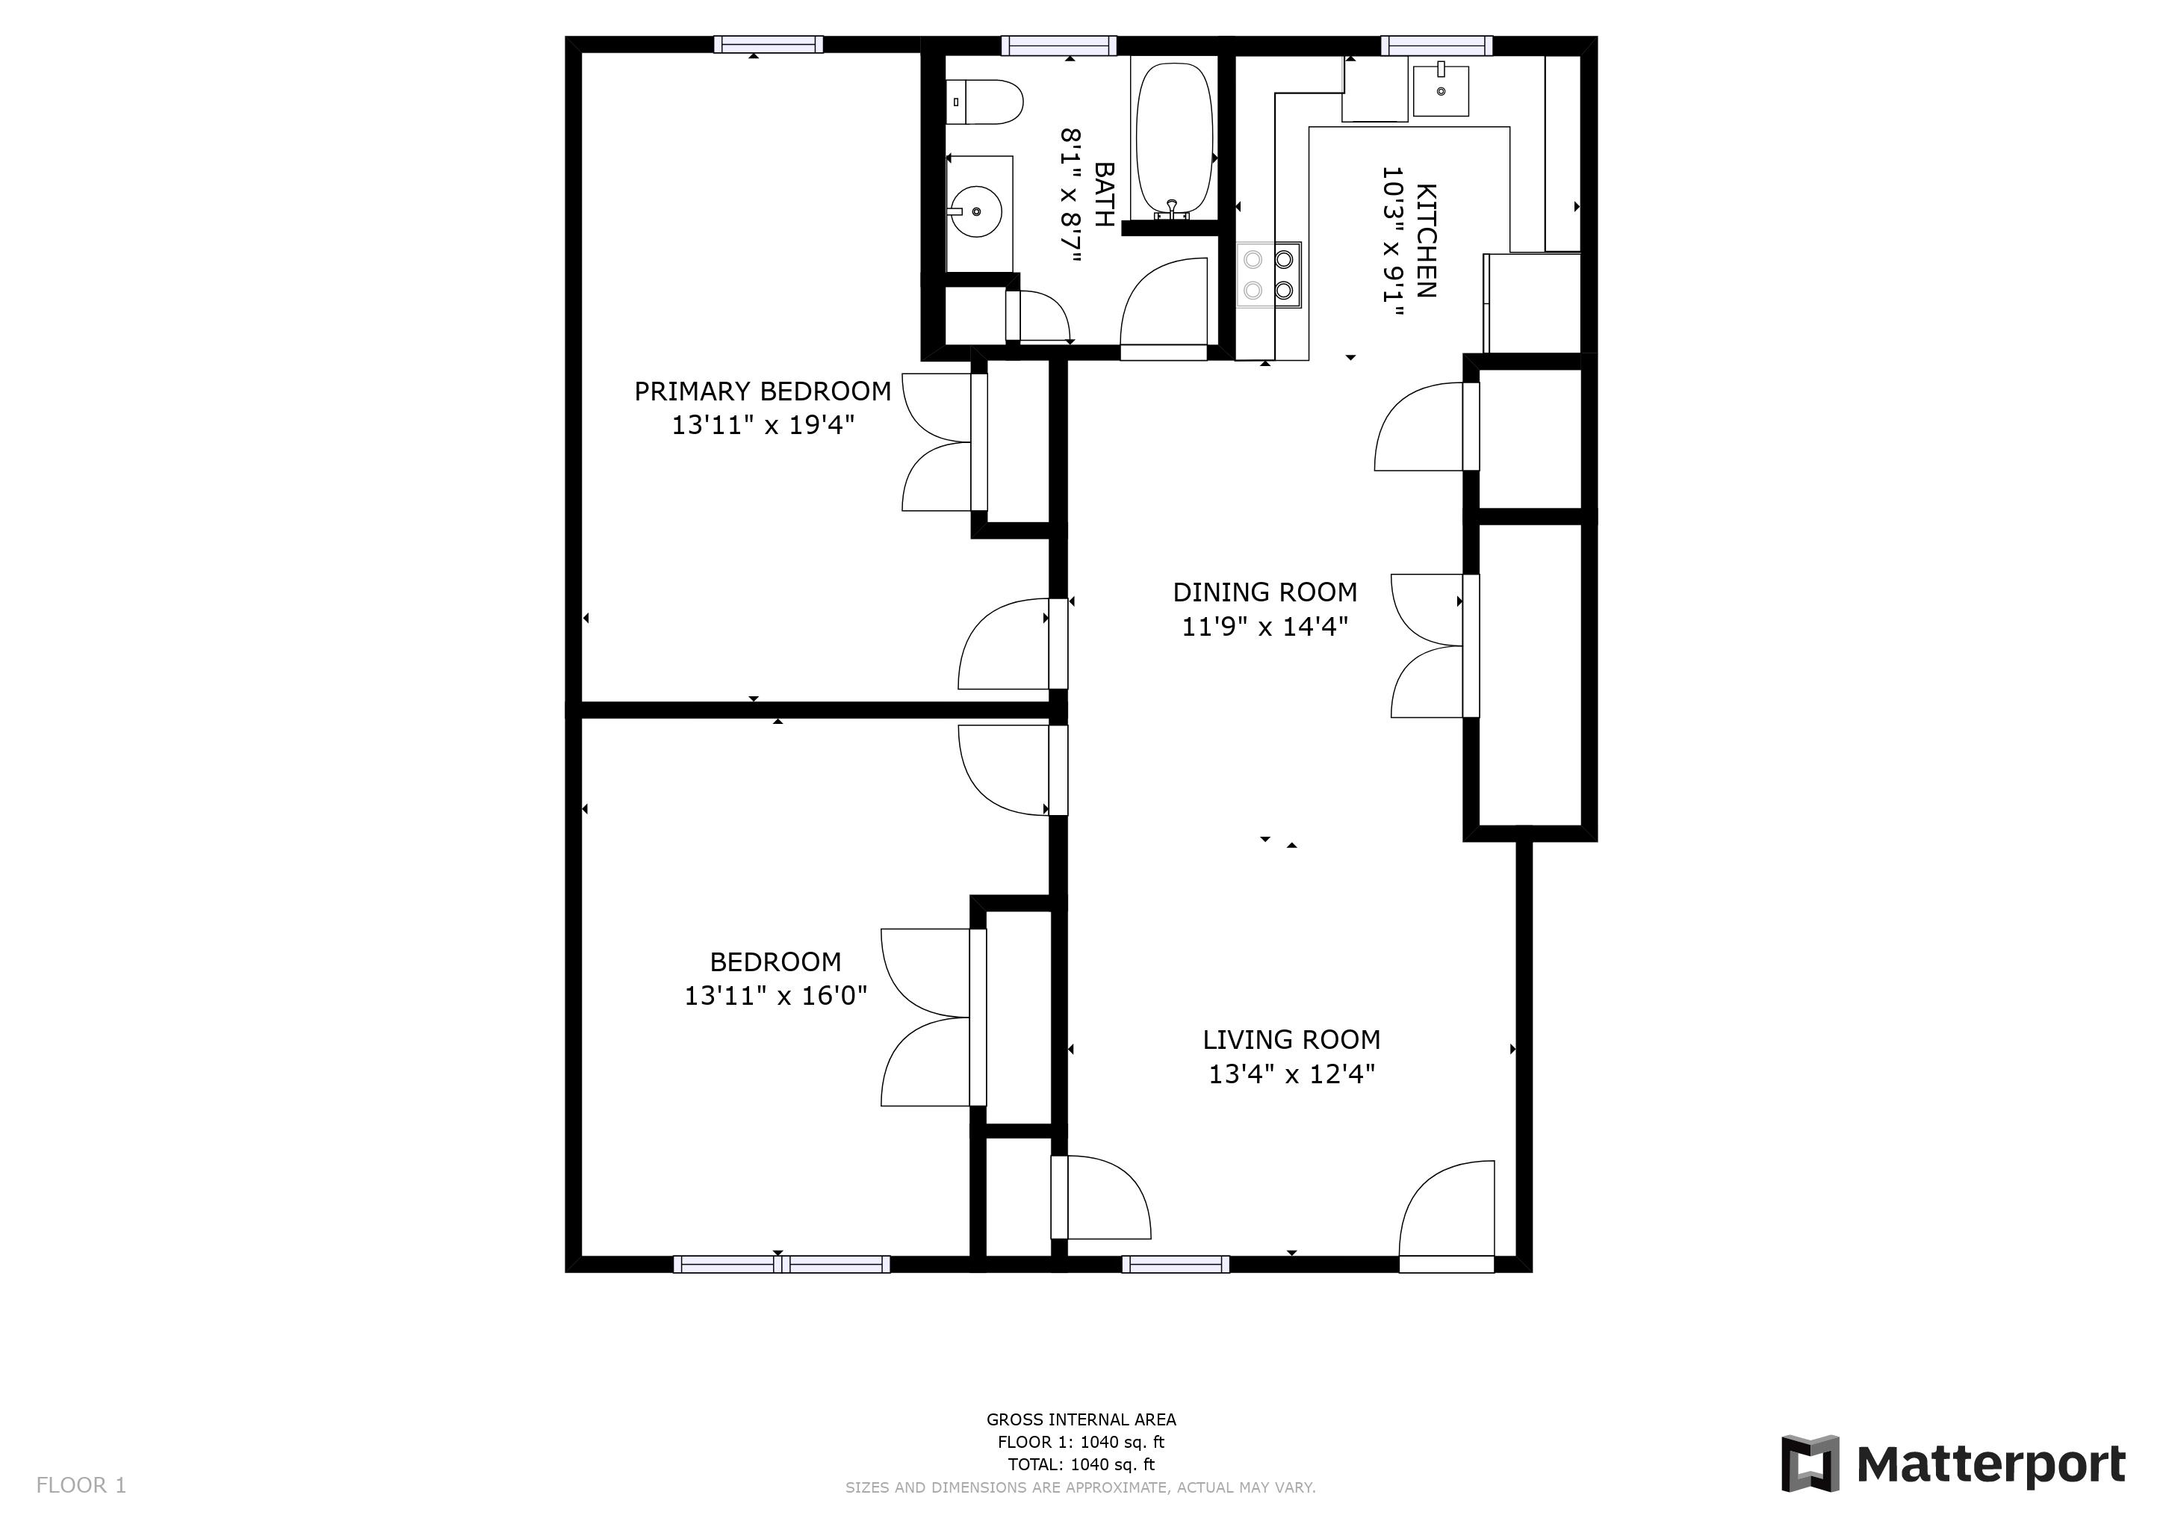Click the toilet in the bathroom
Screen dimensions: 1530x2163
click(x=985, y=102)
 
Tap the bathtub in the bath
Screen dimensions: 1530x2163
click(x=1174, y=140)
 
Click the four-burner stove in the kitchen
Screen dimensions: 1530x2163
click(x=1268, y=275)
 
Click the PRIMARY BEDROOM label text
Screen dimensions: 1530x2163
click(x=762, y=391)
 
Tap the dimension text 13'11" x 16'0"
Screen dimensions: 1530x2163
click(x=775, y=996)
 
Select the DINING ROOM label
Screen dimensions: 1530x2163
click(x=1264, y=592)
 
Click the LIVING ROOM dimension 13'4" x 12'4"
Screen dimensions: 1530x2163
click(x=1291, y=1074)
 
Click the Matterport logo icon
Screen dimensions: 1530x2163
click(x=1809, y=1463)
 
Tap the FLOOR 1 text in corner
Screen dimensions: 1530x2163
click(x=81, y=1486)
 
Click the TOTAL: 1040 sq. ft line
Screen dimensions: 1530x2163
click(x=1081, y=1464)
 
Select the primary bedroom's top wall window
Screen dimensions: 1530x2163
click(x=768, y=44)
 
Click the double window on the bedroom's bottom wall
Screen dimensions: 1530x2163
click(x=781, y=1264)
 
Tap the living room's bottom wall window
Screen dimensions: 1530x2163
click(x=1175, y=1264)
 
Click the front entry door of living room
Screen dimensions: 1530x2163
click(x=1446, y=1215)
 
